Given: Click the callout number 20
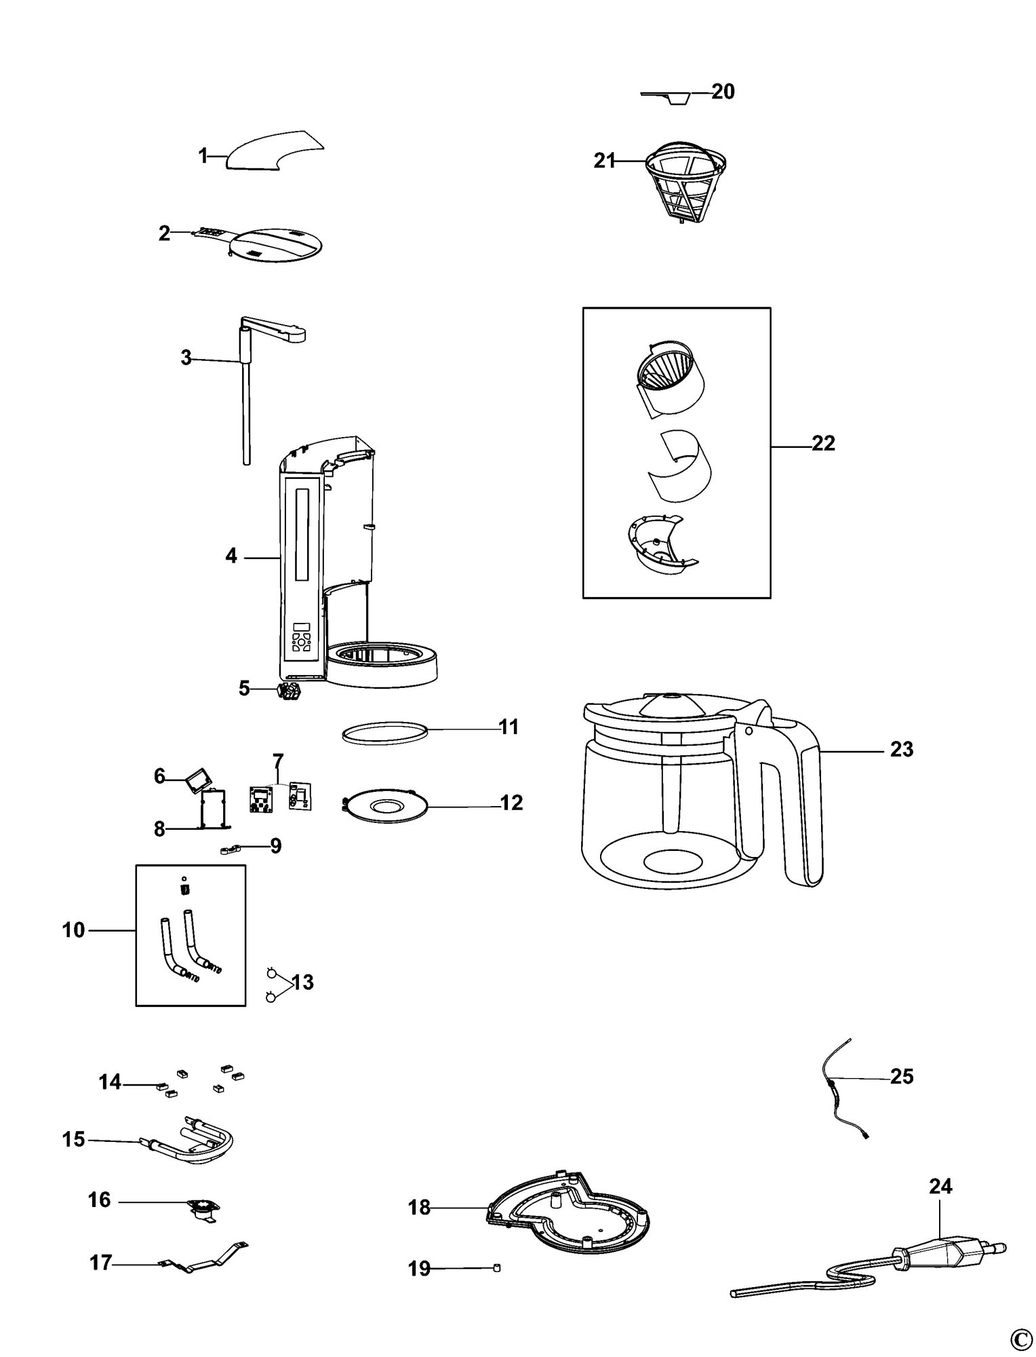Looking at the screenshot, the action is tap(723, 91).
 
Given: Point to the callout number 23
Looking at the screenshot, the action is tap(902, 750).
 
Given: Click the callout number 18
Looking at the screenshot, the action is tap(420, 1208).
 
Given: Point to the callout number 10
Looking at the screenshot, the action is tap(74, 930).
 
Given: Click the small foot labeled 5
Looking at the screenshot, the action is tap(289, 692).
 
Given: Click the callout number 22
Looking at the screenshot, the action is tap(823, 444).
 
